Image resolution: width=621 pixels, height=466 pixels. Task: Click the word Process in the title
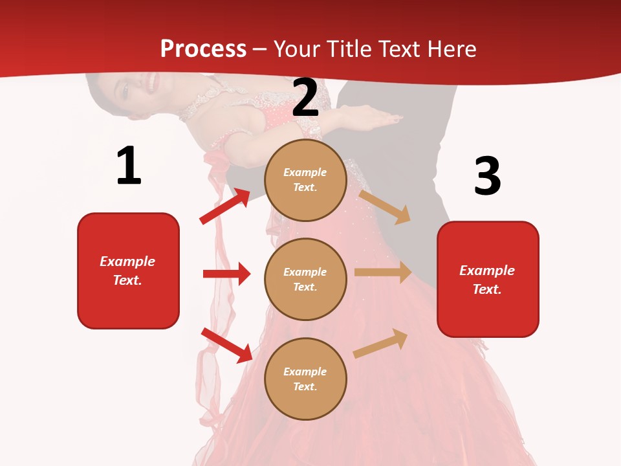click(203, 49)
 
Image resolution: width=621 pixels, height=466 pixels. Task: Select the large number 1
click(128, 166)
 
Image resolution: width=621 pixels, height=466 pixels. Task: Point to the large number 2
click(305, 98)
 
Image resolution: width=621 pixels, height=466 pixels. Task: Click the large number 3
click(487, 176)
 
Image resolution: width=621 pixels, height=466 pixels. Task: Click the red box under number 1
click(128, 271)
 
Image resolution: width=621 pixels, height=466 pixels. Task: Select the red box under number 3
click(488, 280)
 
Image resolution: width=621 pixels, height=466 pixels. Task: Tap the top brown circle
click(305, 180)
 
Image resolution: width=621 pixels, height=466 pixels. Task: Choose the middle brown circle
click(305, 279)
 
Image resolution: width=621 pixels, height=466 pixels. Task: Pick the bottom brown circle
click(305, 379)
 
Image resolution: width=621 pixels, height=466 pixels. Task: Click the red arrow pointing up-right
click(225, 206)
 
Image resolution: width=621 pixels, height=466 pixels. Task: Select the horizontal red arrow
click(226, 274)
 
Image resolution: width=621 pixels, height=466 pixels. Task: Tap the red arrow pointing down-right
click(227, 345)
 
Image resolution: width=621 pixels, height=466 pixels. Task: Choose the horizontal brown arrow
click(383, 272)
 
